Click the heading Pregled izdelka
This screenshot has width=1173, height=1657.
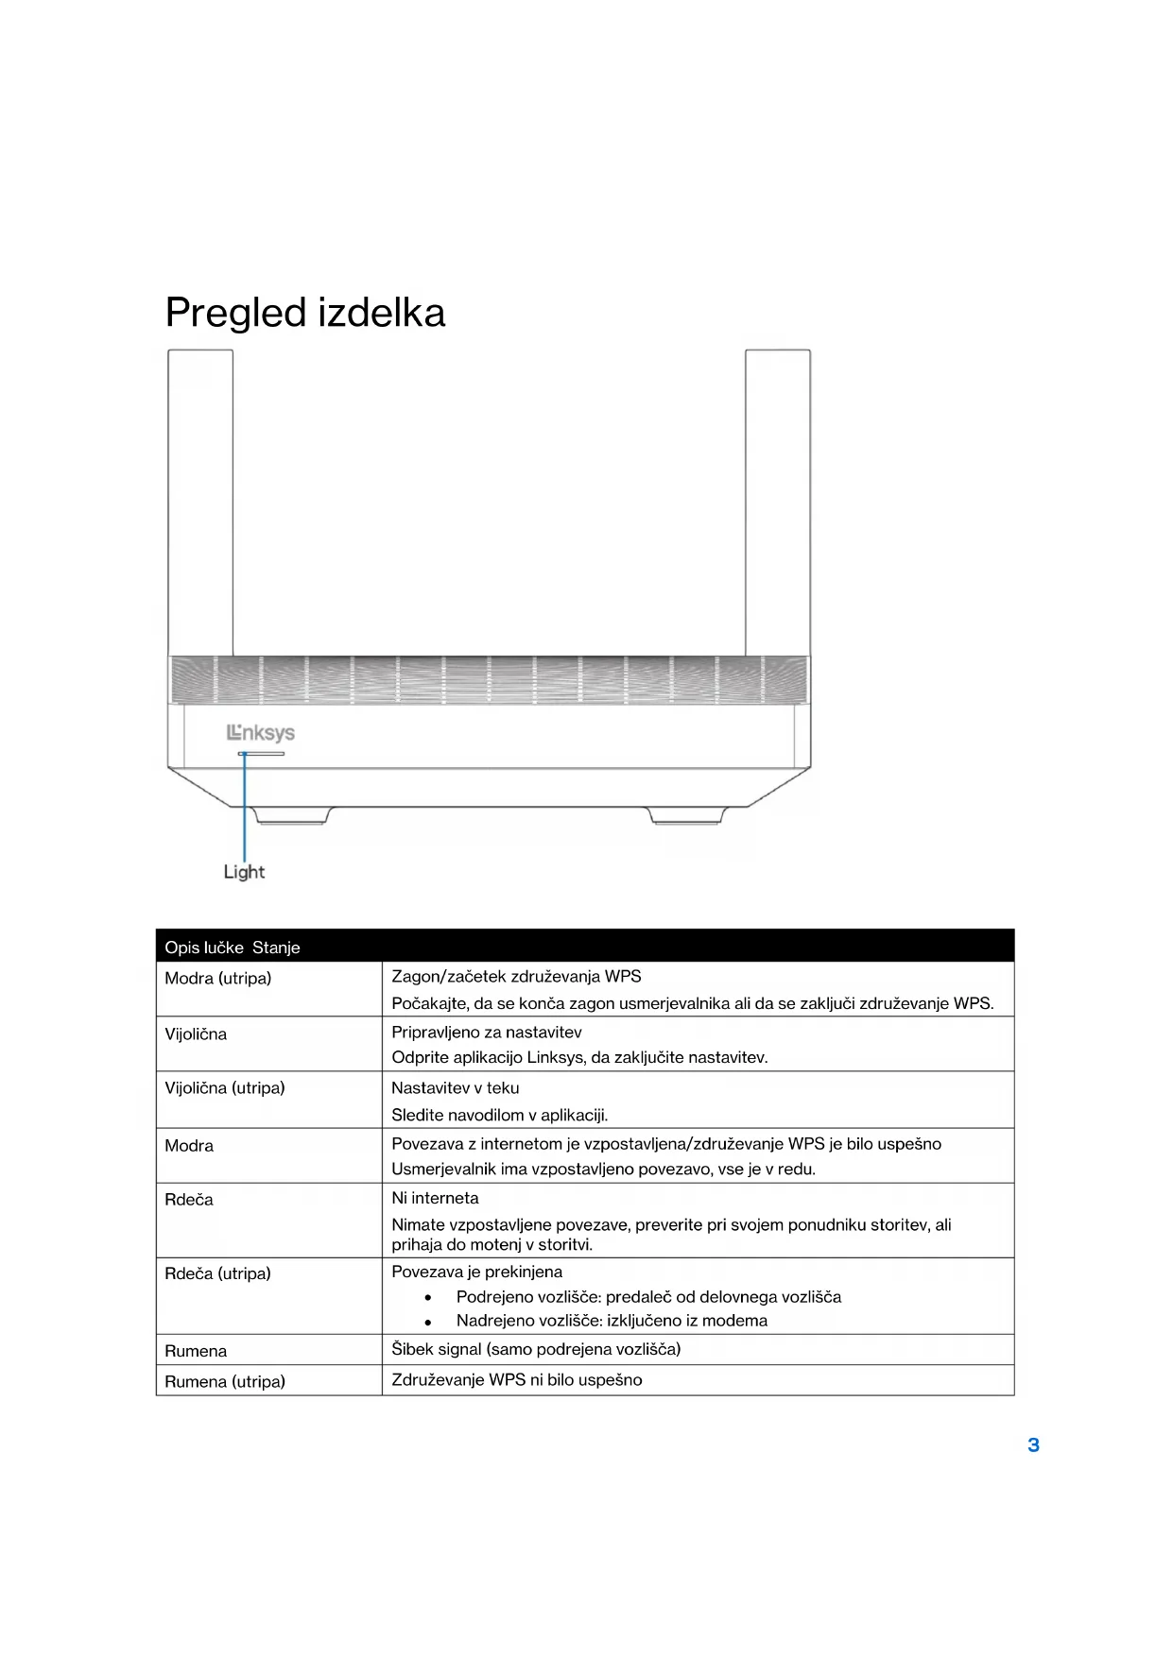[304, 313]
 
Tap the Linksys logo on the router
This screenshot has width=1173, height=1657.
[261, 733]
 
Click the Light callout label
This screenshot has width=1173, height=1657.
[244, 872]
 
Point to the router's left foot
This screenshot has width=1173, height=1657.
[292, 815]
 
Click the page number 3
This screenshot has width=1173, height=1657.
[1033, 1444]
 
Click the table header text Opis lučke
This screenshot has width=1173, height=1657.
[204, 948]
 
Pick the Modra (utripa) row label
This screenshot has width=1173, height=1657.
[218, 979]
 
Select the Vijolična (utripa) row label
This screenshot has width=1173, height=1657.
[225, 1088]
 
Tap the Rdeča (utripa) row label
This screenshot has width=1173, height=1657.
[218, 1273]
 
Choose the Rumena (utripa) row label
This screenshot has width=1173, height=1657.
[225, 1381]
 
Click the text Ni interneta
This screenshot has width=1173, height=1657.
[435, 1198]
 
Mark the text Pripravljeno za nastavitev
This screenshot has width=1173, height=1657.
[487, 1033]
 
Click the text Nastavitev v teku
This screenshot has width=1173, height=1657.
[456, 1088]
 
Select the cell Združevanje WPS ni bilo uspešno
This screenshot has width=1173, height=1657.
[517, 1380]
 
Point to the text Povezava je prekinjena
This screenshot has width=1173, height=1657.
[477, 1272]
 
